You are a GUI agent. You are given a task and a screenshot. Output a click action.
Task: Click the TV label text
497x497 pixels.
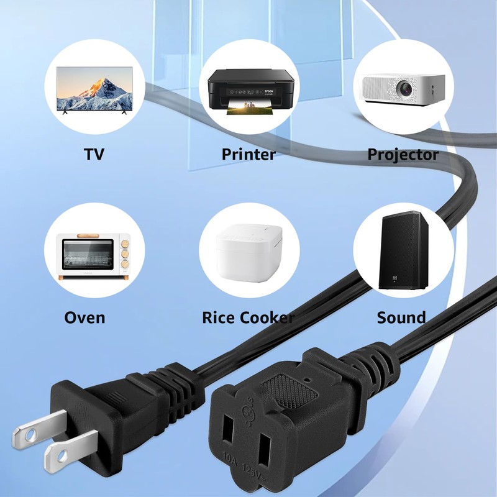pos(94,154)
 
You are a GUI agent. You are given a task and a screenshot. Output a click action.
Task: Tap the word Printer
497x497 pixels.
pos(248,154)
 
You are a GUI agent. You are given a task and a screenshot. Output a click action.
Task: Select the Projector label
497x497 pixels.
pos(403,154)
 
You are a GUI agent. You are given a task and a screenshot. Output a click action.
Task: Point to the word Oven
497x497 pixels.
pos(84,317)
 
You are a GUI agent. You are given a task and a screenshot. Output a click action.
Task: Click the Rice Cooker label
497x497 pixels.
pos(248,317)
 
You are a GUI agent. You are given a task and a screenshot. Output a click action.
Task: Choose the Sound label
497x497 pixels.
pos(401,317)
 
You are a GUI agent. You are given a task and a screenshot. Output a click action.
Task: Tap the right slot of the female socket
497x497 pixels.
pos(266,452)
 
